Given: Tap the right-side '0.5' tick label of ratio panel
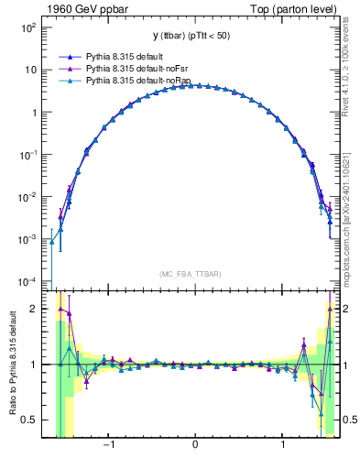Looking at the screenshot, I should click(348, 420).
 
